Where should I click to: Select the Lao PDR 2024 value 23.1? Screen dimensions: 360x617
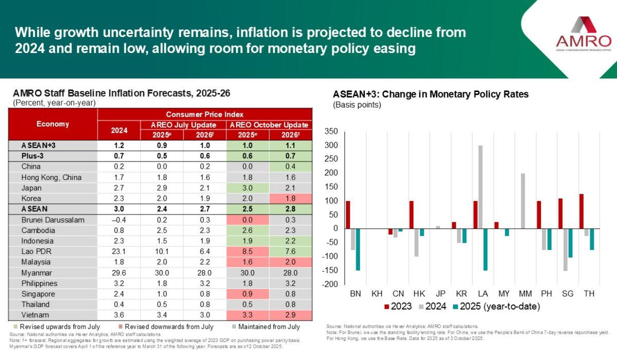coord(119,251)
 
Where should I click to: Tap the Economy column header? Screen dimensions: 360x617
coord(52,124)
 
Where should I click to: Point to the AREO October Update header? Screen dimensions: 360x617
coord(269,125)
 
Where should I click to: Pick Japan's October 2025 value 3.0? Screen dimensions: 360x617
coord(248,188)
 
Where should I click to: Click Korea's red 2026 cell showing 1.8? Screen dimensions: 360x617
coord(291,199)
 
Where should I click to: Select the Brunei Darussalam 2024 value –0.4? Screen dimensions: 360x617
coord(119,220)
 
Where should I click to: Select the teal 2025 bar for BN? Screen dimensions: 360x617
coord(357,249)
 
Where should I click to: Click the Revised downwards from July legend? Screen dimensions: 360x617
coord(165,327)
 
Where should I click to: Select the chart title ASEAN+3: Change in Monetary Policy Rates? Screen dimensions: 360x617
coord(431,95)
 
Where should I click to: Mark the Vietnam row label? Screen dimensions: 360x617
coord(34,315)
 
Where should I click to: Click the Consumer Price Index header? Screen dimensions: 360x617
coord(204,114)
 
